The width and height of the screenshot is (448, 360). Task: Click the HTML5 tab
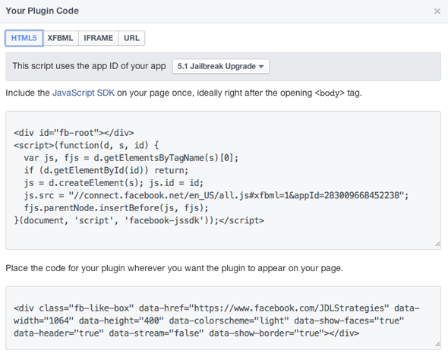24,38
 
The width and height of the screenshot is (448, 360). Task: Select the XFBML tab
60,38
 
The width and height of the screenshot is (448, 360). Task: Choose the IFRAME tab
98,38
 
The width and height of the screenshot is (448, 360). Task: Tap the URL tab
131,38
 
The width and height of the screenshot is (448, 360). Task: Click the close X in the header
437,11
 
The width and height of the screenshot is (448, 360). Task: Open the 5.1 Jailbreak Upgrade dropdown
220,66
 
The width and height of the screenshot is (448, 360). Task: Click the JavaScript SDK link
84,93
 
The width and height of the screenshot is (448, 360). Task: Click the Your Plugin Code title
42,11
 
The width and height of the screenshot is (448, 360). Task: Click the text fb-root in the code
77,133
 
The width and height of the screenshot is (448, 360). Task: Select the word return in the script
170,171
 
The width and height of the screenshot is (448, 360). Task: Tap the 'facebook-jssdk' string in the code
164,220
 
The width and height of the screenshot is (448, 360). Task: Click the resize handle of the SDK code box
437,245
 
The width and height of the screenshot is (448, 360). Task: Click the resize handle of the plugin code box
437,345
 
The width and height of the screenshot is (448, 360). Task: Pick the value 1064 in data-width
59,321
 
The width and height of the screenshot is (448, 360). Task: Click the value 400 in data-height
152,321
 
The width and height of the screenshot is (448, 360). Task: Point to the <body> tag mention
330,93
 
